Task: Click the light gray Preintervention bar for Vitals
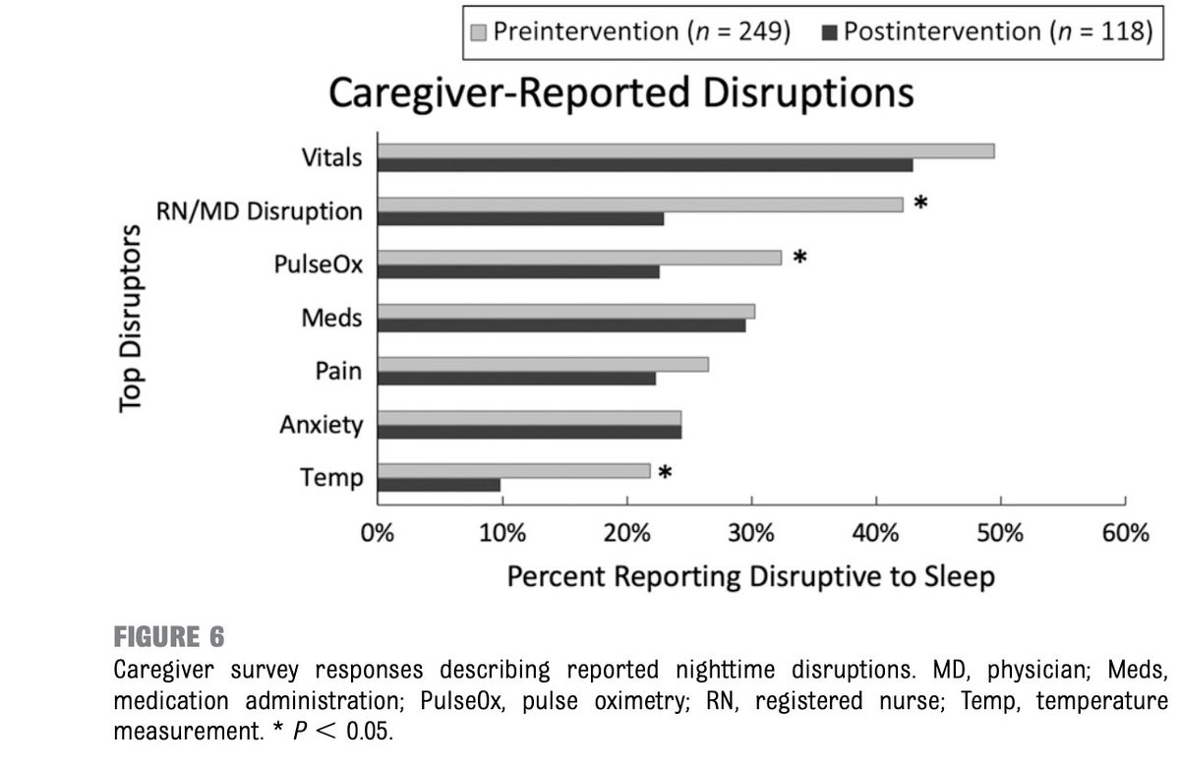(x=685, y=150)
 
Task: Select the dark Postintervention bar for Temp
(x=439, y=485)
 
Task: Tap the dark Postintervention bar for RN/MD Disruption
(x=520, y=218)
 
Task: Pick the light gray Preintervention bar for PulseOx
(x=579, y=258)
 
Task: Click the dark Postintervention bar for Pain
(x=516, y=379)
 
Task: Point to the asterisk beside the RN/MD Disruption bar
(x=920, y=204)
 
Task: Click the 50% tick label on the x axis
(x=1000, y=534)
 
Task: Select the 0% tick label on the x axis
(x=378, y=534)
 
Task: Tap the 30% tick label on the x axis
(x=751, y=534)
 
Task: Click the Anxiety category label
(x=321, y=425)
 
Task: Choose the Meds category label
(x=332, y=318)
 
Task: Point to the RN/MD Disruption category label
(x=260, y=211)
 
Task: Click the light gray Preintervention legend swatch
(x=478, y=31)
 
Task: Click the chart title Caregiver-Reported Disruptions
(x=620, y=93)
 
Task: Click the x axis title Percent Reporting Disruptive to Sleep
(x=750, y=576)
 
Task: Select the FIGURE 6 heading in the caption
(x=168, y=637)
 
